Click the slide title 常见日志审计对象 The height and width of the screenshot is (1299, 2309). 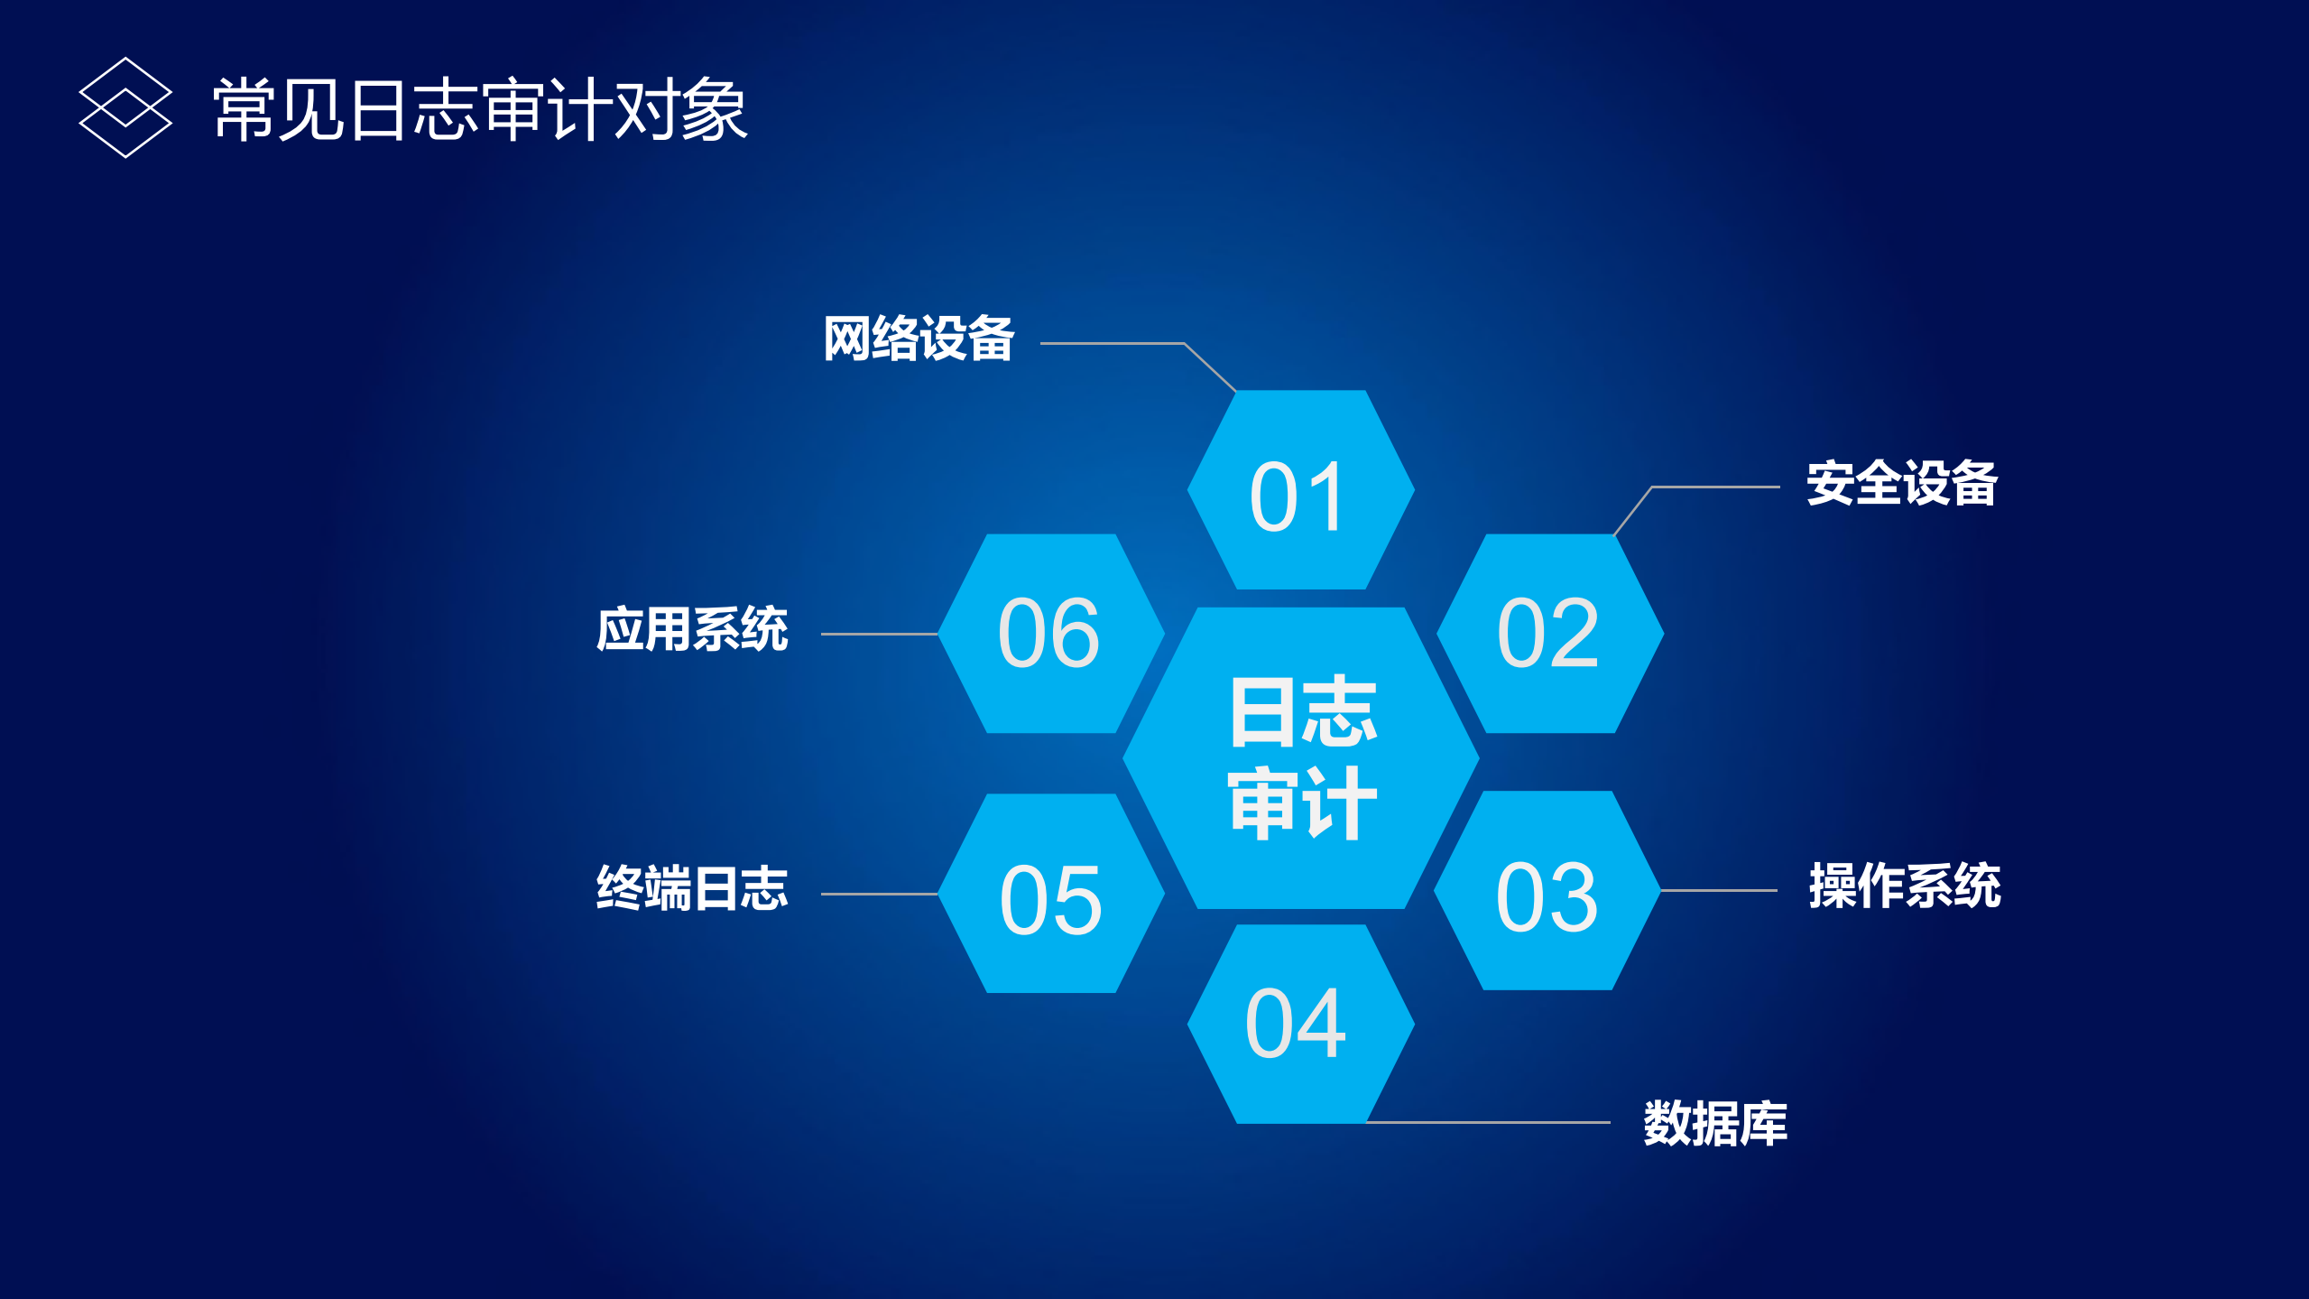[x=480, y=109]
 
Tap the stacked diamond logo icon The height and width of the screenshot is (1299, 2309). [x=125, y=107]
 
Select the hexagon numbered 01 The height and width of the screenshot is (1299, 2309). [x=1300, y=490]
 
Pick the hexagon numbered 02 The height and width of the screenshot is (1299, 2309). [x=1549, y=633]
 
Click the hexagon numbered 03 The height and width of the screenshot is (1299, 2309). [x=1547, y=891]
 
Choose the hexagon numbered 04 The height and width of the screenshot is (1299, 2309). [x=1300, y=1024]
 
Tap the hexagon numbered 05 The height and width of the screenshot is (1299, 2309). [x=1051, y=894]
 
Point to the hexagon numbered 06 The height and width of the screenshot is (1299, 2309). [x=1051, y=633]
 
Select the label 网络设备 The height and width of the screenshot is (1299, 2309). [x=919, y=339]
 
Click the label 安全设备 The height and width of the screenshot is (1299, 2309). [x=1901, y=484]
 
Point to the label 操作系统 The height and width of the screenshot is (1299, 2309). [x=1904, y=886]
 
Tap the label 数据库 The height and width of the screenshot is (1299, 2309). [x=1714, y=1124]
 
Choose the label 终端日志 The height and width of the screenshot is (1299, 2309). [x=692, y=889]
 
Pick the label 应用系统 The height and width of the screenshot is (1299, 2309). [x=692, y=629]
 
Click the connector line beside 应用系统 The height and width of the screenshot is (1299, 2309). [x=879, y=634]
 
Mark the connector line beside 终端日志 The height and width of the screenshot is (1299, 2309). [x=879, y=894]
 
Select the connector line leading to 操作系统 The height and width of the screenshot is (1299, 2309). [x=1719, y=890]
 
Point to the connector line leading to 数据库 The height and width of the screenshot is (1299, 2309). [x=1489, y=1122]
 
